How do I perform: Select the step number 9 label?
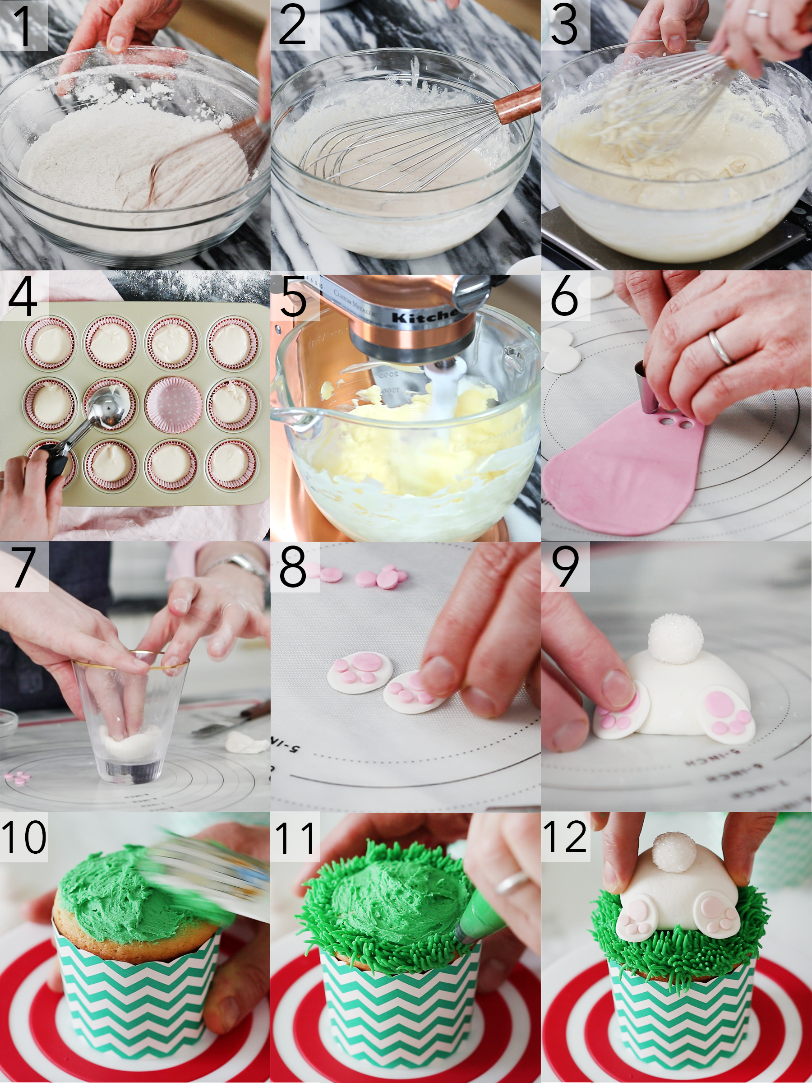click(565, 566)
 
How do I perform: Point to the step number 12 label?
click(565, 837)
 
